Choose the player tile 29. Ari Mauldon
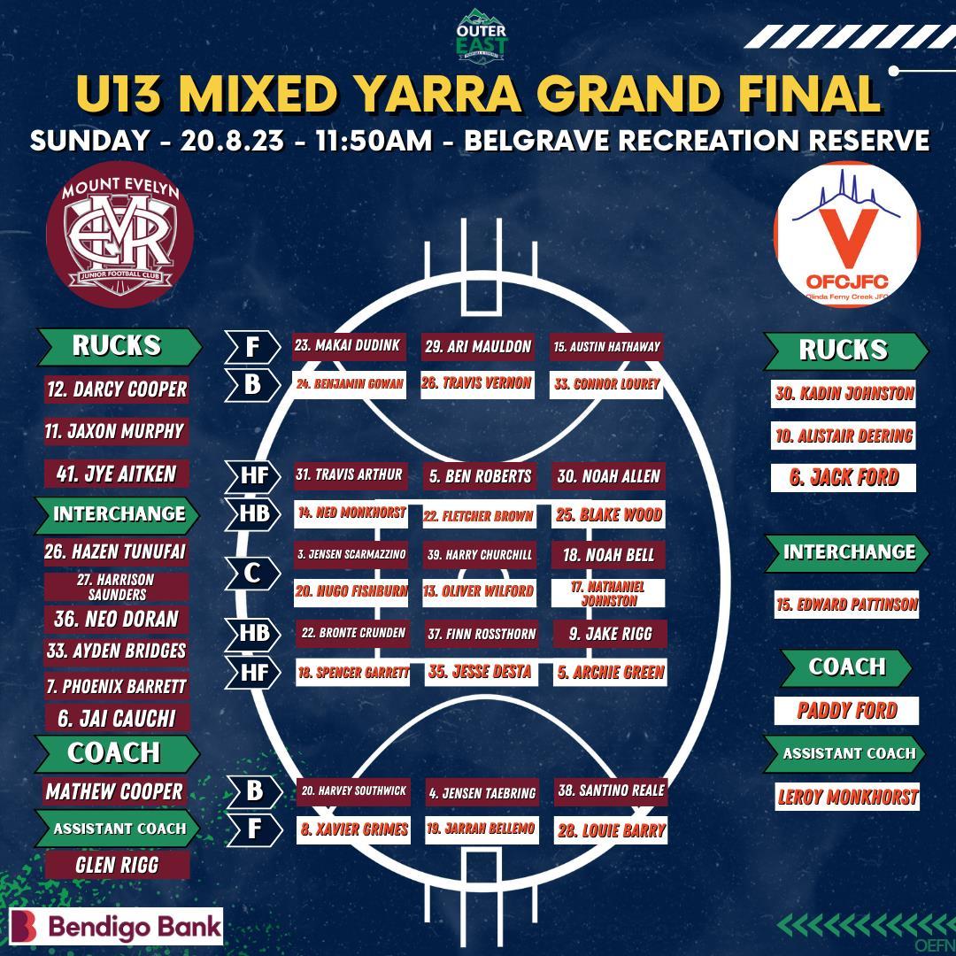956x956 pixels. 477,347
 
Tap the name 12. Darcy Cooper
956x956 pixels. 117,389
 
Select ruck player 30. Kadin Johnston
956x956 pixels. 844,394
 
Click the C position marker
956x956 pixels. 252,574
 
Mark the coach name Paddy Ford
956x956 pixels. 846,710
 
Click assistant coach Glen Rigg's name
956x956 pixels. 117,865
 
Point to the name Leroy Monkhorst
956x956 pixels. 847,797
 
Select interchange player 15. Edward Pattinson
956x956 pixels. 846,605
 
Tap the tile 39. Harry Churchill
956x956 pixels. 478,555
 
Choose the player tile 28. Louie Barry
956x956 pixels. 610,830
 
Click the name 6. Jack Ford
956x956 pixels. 844,478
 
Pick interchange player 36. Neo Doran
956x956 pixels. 116,619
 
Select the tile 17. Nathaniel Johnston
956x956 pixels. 607,593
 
